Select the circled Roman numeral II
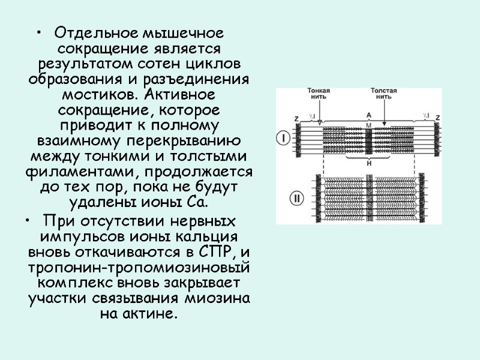click(x=284, y=196)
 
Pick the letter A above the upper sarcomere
click(x=368, y=115)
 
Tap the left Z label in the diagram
click(x=297, y=118)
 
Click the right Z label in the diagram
click(x=437, y=118)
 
